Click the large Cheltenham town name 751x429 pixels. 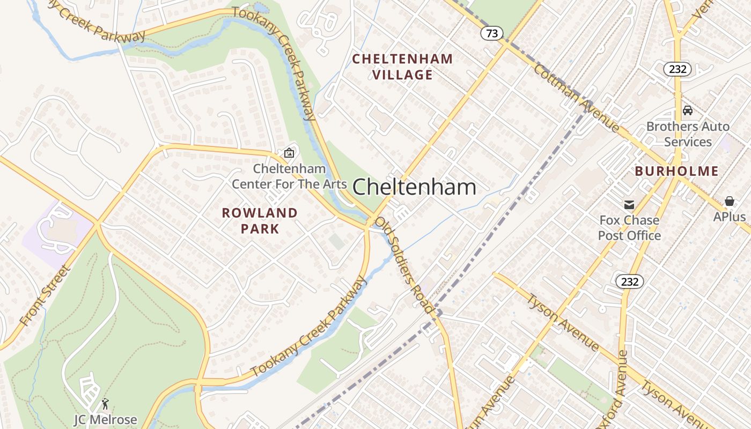click(414, 187)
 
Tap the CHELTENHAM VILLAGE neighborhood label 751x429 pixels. click(402, 66)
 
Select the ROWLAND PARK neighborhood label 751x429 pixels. click(260, 220)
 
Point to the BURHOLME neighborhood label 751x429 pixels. click(676, 171)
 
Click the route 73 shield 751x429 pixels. click(491, 33)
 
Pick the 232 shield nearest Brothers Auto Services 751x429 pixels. click(677, 69)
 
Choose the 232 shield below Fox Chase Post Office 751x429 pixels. click(629, 281)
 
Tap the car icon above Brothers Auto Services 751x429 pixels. click(687, 110)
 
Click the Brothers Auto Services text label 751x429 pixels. click(688, 134)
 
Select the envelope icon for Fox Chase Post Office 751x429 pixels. click(629, 204)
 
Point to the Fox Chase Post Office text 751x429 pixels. click(629, 228)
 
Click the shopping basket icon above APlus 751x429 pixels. click(729, 201)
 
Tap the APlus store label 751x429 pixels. click(729, 217)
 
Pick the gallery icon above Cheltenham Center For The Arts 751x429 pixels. click(289, 153)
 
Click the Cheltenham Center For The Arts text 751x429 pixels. click(289, 176)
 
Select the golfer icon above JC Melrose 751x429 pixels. click(106, 403)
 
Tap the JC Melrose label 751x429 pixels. click(106, 419)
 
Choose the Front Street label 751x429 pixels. click(45, 295)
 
